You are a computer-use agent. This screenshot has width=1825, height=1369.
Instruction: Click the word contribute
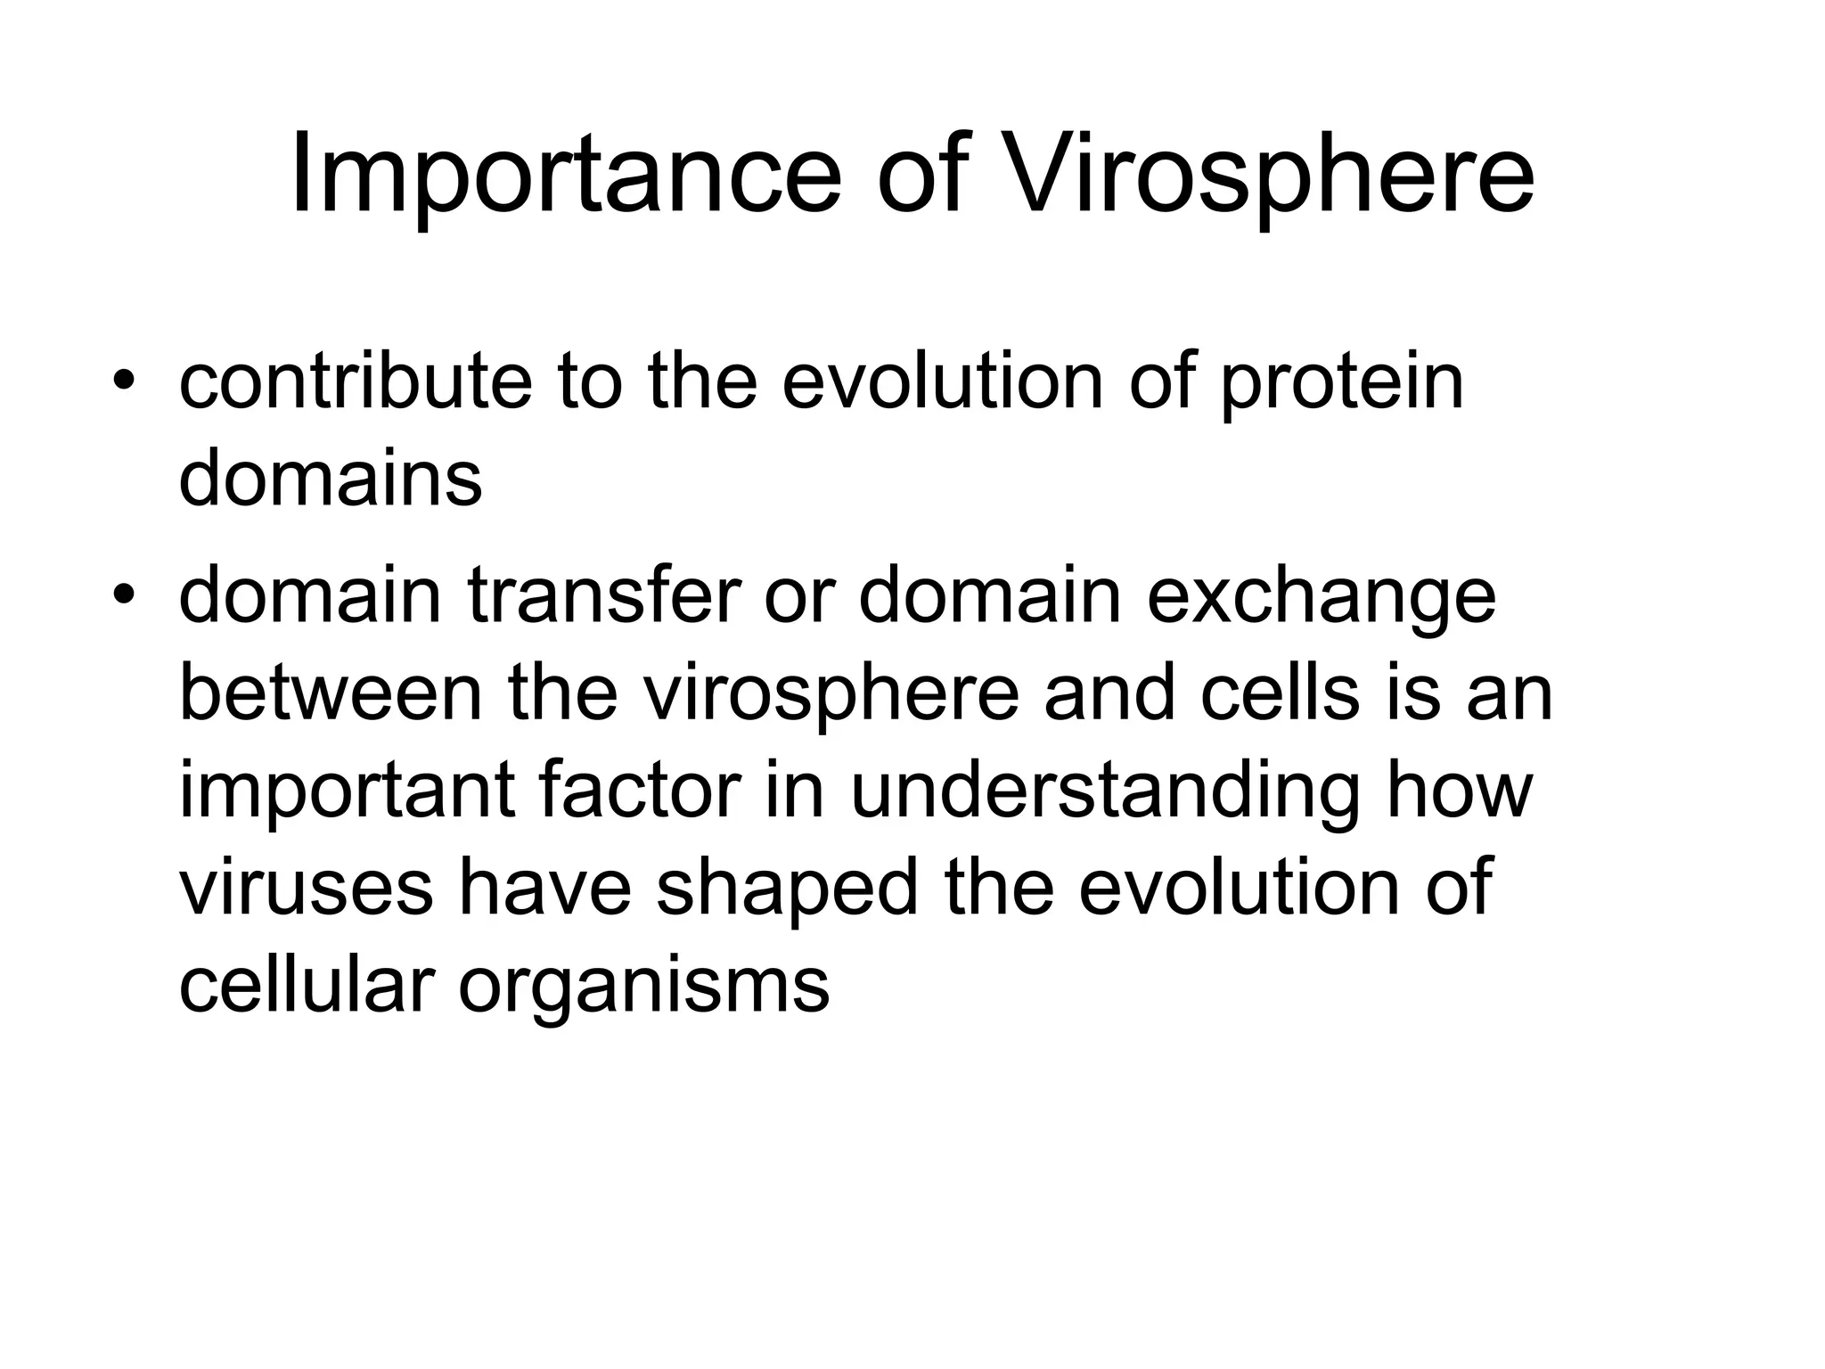click(x=355, y=382)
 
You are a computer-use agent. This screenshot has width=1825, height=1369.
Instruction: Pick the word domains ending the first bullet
click(x=331, y=479)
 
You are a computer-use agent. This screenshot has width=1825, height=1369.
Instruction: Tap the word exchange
click(x=1321, y=597)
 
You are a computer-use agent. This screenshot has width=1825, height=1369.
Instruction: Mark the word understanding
click(x=1105, y=792)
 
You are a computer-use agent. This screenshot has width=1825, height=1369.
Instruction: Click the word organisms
click(x=644, y=988)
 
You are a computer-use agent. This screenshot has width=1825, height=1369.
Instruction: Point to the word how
click(x=1460, y=791)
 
